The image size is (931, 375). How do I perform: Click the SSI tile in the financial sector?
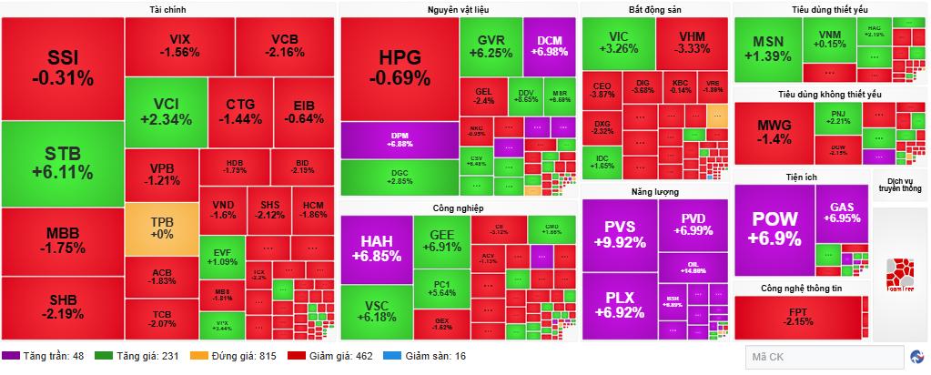62,68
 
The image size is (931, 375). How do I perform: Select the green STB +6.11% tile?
62,164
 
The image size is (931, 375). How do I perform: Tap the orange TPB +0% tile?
161,228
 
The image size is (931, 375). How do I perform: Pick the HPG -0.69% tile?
400,68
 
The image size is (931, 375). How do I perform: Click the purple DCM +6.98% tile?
549,46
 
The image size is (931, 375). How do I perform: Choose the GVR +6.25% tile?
491,46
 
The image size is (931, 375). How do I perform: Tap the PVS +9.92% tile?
618,234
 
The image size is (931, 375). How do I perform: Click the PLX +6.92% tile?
618,304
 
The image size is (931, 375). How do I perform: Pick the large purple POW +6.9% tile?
774,230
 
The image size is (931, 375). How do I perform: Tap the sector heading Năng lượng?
654,192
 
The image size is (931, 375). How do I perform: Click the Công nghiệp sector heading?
459,208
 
